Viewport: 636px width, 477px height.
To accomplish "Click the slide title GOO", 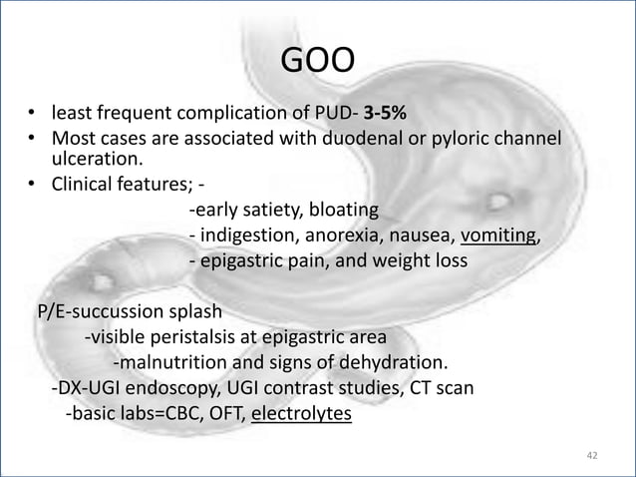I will [x=317, y=62].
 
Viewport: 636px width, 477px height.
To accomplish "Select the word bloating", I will [x=341, y=211].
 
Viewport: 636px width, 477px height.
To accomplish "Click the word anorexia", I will [x=351, y=237].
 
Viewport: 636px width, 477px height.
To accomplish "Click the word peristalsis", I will [x=201, y=335].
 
